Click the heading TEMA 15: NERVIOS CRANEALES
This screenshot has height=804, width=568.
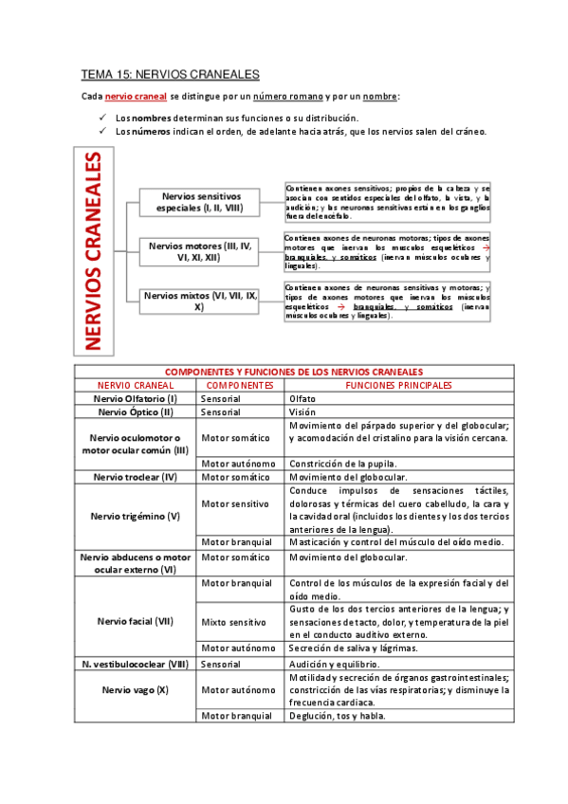pyautogui.click(x=171, y=74)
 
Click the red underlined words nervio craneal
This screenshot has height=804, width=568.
pyautogui.click(x=136, y=97)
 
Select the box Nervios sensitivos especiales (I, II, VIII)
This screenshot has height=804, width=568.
pyautogui.click(x=202, y=201)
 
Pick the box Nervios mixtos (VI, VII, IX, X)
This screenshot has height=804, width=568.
pyautogui.click(x=199, y=301)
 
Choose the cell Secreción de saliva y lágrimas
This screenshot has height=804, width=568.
pyautogui.click(x=354, y=648)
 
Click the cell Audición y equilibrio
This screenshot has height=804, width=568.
pyautogui.click(x=336, y=665)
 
